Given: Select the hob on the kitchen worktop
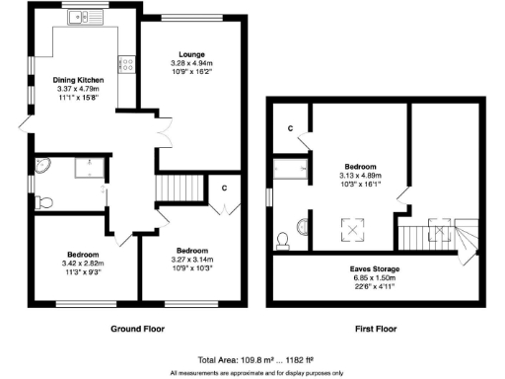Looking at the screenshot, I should point(126,65).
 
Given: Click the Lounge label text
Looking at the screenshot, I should point(191,53).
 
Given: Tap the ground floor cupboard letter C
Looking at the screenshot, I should point(225,187).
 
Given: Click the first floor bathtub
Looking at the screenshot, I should point(293,169).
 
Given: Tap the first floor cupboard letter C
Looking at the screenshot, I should point(290,128).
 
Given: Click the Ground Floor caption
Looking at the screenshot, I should point(138,329).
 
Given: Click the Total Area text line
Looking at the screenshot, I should point(254,360).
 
